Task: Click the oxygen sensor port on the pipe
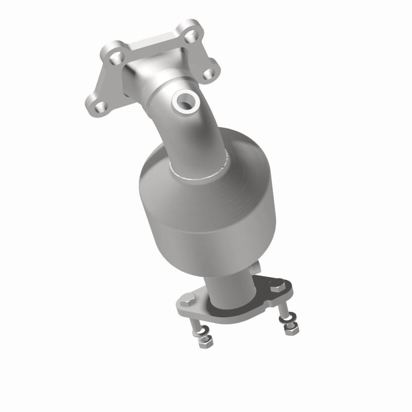click(x=184, y=100)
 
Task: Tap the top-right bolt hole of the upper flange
click(x=191, y=36)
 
